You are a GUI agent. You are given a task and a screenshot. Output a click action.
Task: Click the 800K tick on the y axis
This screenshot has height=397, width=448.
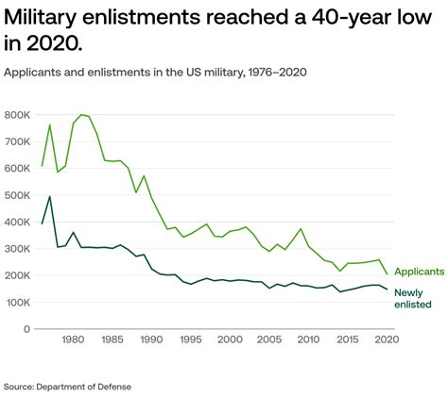coord(18,115)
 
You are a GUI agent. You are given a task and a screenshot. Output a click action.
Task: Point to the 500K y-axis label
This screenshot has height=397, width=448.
coord(18,195)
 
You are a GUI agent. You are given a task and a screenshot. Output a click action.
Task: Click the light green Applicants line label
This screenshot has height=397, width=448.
coord(419,272)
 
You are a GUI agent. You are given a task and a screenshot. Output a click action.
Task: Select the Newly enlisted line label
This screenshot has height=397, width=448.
coord(414,298)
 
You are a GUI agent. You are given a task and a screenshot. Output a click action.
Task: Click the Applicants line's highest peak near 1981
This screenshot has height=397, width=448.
coord(81,114)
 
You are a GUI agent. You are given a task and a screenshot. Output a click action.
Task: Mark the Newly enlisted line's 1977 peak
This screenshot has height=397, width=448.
coord(50,196)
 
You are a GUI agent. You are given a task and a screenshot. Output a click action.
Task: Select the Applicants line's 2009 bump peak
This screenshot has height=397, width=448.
coord(301,229)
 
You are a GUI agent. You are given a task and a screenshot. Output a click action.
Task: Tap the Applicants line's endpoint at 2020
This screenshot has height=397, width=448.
coord(387,274)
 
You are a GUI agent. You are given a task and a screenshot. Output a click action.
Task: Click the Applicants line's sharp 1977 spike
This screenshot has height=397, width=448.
coord(50,124)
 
